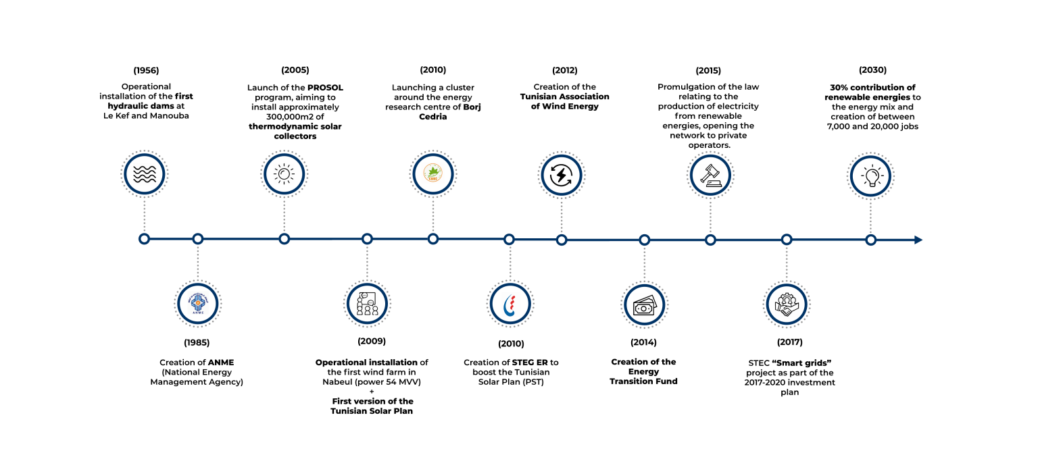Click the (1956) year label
[146, 70]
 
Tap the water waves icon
[145, 174]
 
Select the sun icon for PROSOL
[284, 174]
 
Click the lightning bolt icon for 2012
[561, 176]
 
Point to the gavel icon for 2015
[710, 176]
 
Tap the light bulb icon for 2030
[871, 176]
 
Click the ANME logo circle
[198, 304]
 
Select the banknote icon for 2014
[644, 306]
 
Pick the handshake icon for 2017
[787, 305]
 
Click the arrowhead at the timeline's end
[918, 240]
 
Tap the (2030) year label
[872, 70]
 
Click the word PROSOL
[325, 88]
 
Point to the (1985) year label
[197, 342]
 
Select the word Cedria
[432, 117]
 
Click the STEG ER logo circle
[510, 304]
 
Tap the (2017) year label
[789, 342]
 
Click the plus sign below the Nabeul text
[372, 392]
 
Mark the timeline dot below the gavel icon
[710, 240]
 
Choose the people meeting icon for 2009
[367, 304]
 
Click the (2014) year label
[643, 342]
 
